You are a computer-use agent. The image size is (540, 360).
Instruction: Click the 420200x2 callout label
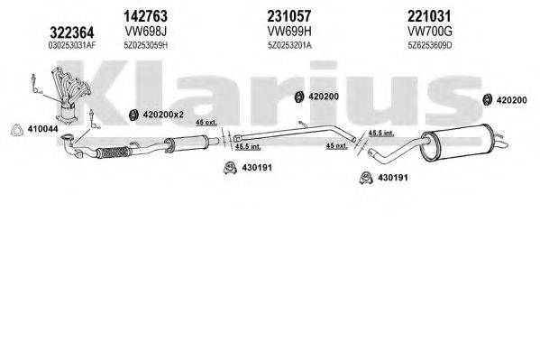pyautogui.click(x=164, y=115)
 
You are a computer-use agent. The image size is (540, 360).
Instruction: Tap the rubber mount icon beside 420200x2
pyautogui.click(x=130, y=114)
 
